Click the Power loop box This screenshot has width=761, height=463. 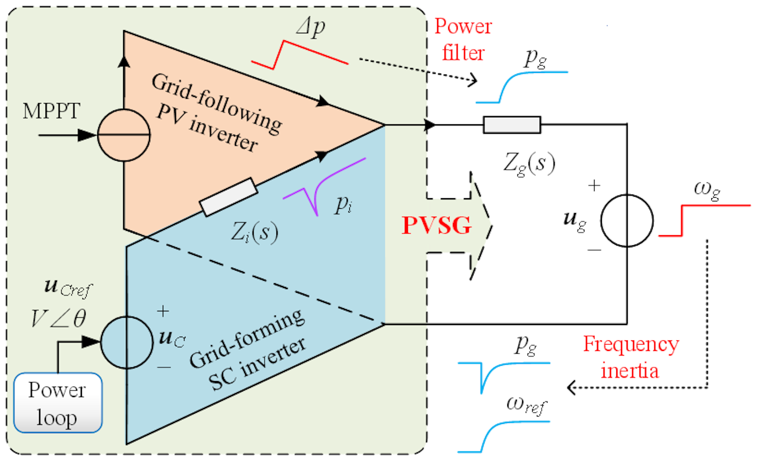pos(58,403)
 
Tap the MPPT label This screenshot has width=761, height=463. pos(51,112)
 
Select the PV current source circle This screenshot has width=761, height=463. pos(124,135)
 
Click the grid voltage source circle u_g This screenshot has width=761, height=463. pos(627,220)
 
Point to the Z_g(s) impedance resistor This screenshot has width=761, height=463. pos(512,125)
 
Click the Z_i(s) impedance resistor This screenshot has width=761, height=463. pos(228,197)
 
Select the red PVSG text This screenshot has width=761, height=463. pos(437,226)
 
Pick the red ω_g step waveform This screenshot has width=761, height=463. pos(703,219)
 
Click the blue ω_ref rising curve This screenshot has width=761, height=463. pos(503,434)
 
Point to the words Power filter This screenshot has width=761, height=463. pos(463,40)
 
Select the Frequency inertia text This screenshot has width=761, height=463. pos(630,357)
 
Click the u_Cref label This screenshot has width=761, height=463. pos(68,288)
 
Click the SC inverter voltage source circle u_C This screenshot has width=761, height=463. pos(126,342)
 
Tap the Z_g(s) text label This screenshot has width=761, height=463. pos(528,163)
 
